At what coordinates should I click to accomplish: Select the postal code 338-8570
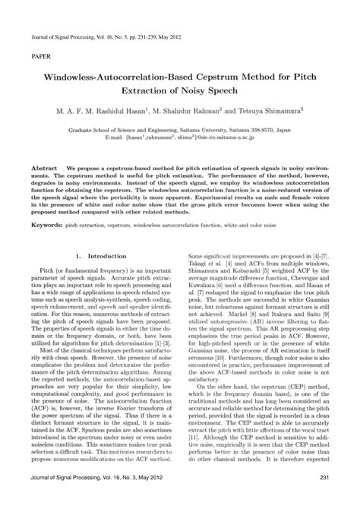279,130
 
